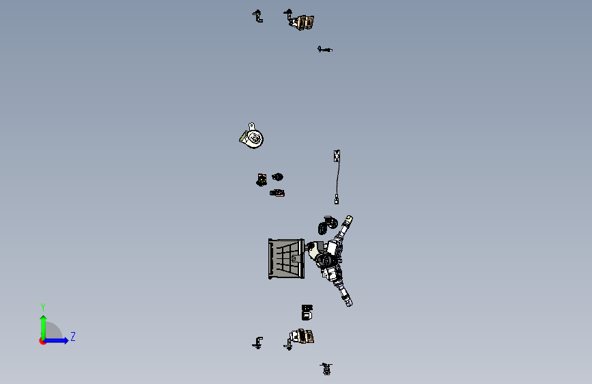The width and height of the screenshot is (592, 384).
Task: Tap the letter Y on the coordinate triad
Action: [43, 307]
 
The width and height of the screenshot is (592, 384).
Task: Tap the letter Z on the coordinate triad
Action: [73, 336]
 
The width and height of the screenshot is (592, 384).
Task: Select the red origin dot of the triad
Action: [42, 341]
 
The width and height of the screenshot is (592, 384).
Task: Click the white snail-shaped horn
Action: [252, 136]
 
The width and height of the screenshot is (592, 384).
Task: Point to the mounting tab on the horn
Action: [252, 126]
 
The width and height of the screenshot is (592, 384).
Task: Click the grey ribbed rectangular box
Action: [286, 259]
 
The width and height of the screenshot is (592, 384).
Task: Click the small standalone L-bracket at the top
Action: [258, 16]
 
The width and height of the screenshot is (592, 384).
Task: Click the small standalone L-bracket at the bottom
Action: [258, 343]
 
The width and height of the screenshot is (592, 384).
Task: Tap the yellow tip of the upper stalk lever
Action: [349, 219]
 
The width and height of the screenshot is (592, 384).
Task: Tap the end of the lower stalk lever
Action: [348, 302]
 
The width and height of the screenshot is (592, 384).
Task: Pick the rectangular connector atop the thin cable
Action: [337, 156]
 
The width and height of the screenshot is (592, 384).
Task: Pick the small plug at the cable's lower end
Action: [337, 200]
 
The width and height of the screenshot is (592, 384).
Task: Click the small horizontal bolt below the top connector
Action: [325, 49]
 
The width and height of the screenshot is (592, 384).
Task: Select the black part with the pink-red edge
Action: [277, 193]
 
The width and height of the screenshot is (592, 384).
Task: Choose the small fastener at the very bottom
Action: [326, 369]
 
